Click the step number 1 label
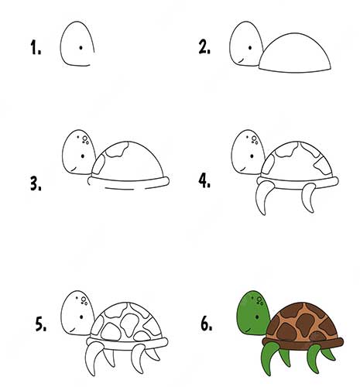(36, 47)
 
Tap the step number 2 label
(204, 47)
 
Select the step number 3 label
(36, 184)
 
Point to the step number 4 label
(204, 180)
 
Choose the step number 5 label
(41, 324)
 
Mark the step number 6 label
(207, 324)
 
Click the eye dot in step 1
(81, 47)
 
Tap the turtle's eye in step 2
(250, 48)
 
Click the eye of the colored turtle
(257, 317)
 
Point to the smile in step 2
(241, 61)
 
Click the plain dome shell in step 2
(295, 53)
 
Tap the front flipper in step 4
(263, 197)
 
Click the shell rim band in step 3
(129, 181)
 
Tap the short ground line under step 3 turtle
(119, 189)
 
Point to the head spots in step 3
(84, 140)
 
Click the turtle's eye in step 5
(81, 317)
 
